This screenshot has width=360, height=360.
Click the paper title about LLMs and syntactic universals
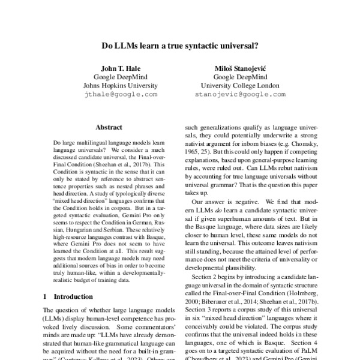[180, 44]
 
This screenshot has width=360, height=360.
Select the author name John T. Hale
[121, 67]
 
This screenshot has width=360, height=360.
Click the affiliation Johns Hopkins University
[121, 85]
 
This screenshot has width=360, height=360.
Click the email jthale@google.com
[121, 94]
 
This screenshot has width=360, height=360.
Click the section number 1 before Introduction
[47, 296]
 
